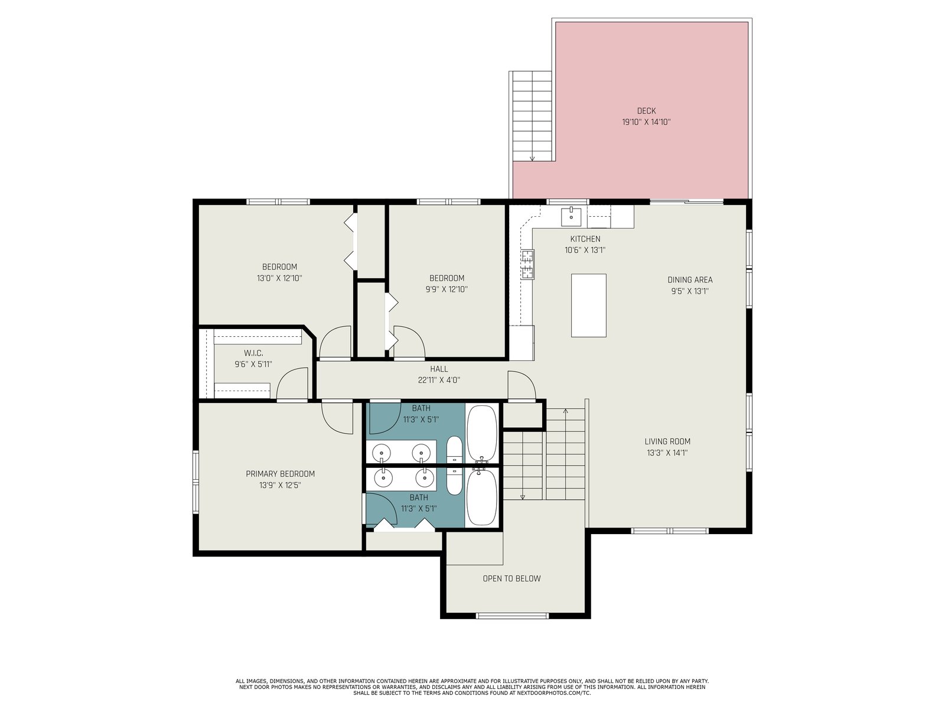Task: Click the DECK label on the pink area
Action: point(646,110)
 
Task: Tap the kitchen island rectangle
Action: point(588,305)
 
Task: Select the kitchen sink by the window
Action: point(571,216)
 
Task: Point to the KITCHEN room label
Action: point(585,239)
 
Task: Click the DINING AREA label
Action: point(690,280)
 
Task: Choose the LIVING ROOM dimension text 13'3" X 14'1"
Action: point(667,453)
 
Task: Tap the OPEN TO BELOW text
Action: point(511,578)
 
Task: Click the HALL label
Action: point(439,369)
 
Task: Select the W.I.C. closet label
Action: point(253,353)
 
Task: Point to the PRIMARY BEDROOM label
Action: point(280,474)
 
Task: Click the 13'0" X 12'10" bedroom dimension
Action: point(279,278)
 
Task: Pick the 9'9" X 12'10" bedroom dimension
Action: point(447,290)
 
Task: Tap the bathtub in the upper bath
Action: point(482,433)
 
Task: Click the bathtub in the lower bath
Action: point(481,497)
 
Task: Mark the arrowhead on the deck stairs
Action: point(532,158)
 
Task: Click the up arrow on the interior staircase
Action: point(565,412)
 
